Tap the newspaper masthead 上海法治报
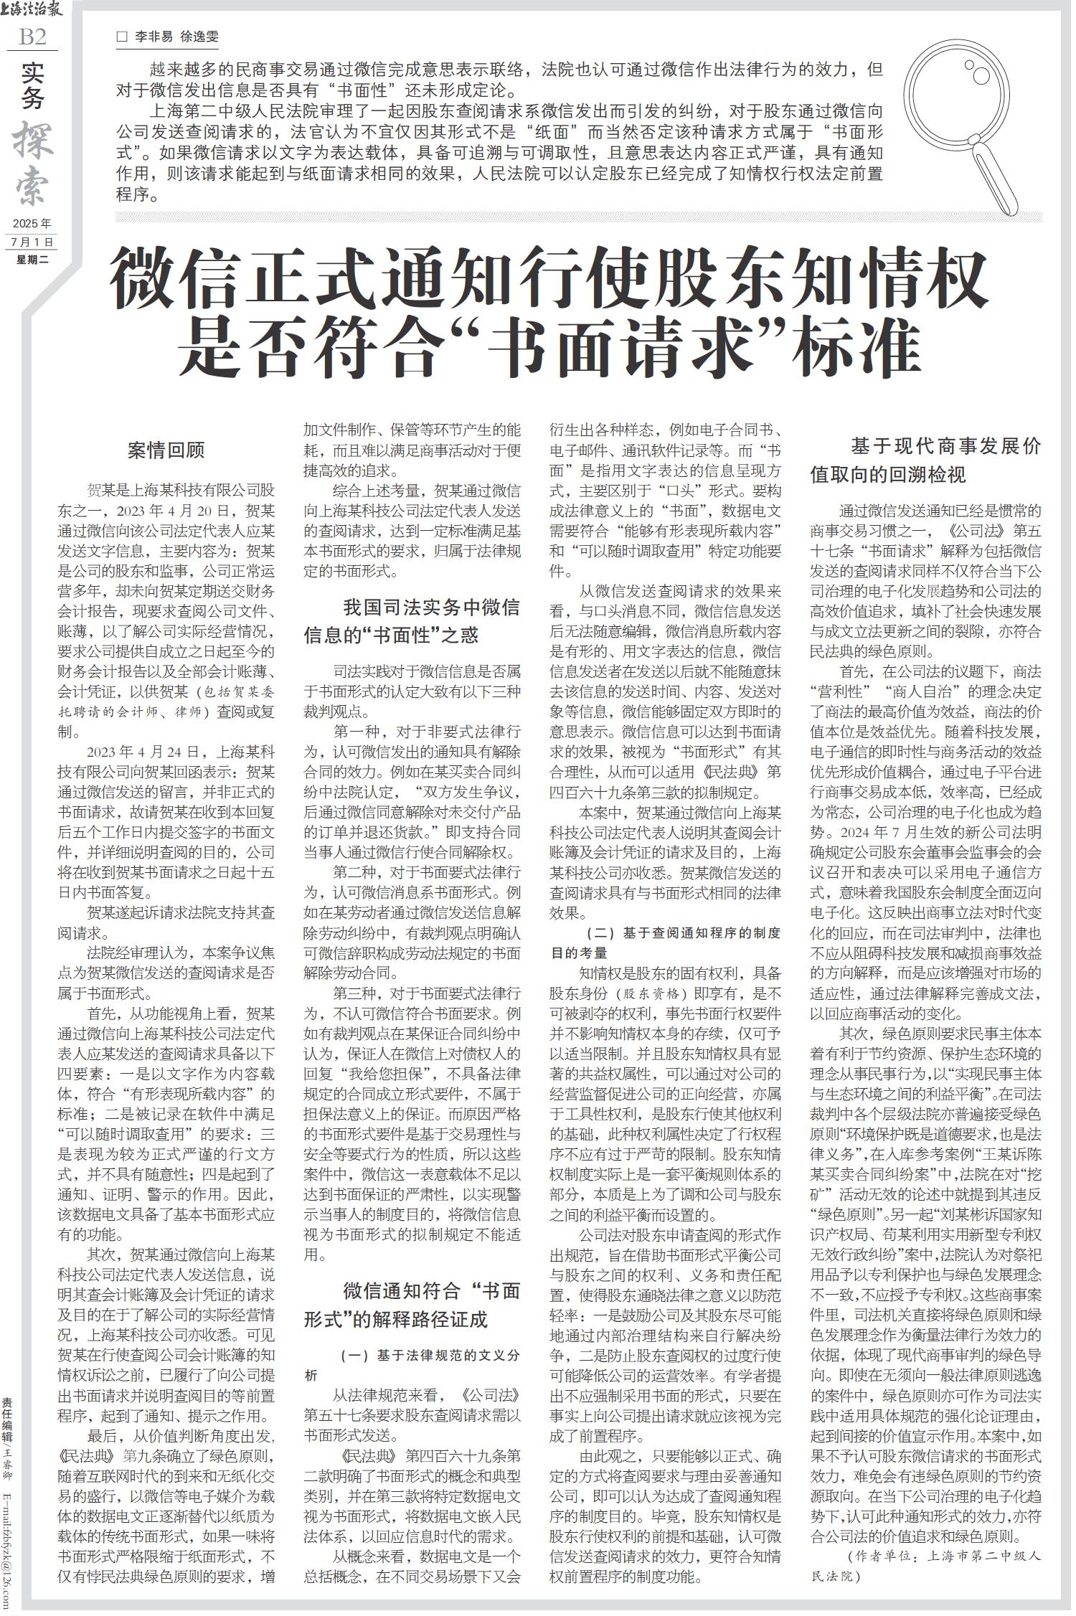[x=32, y=10]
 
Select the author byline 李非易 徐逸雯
[x=177, y=37]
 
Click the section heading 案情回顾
[x=166, y=450]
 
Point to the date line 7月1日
[x=33, y=242]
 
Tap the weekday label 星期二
[x=33, y=260]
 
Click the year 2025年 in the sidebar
[x=33, y=223]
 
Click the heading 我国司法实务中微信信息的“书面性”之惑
[x=412, y=621]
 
